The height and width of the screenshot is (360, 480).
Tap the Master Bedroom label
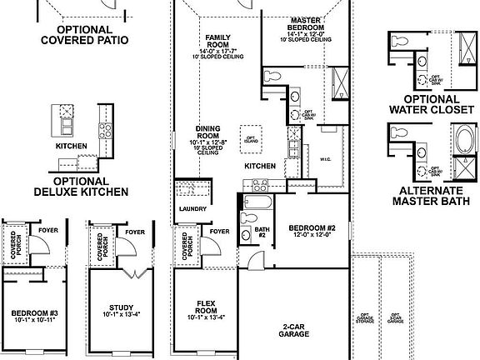(x=312, y=24)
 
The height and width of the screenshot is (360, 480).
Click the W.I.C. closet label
(x=326, y=158)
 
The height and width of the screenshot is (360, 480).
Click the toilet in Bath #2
(x=247, y=219)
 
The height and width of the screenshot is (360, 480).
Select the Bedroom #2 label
(x=311, y=231)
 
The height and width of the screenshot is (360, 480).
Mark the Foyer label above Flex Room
(x=220, y=232)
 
